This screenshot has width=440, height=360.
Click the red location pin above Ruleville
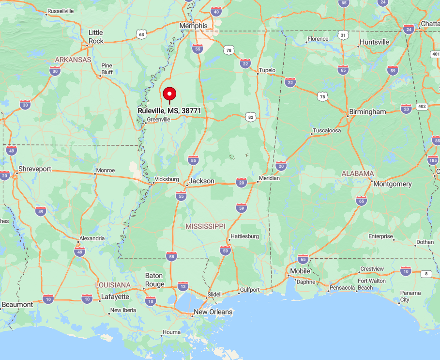[x=169, y=94]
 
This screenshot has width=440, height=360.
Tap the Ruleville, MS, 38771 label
[x=169, y=110]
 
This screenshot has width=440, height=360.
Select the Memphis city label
[x=193, y=26]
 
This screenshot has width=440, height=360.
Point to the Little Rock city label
[x=96, y=37]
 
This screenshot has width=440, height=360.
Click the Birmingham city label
[x=368, y=112]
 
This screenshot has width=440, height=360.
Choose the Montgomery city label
[x=393, y=184]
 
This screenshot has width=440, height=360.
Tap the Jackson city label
[x=202, y=181]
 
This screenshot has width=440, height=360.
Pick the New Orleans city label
[x=213, y=312]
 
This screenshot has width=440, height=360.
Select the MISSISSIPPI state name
[x=206, y=226]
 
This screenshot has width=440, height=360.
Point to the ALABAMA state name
[x=358, y=173]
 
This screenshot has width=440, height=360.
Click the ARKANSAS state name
[x=73, y=60]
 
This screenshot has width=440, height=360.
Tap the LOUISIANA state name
[x=113, y=285]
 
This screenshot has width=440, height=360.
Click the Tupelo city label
[x=267, y=70]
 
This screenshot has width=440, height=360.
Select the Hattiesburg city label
[x=245, y=236]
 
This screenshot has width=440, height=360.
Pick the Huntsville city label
[x=374, y=42]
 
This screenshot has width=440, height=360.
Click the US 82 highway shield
[x=250, y=117]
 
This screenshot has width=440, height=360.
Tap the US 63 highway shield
[x=141, y=34]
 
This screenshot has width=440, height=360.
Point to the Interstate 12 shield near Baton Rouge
[x=182, y=286]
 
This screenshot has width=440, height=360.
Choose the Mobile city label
[x=300, y=271]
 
